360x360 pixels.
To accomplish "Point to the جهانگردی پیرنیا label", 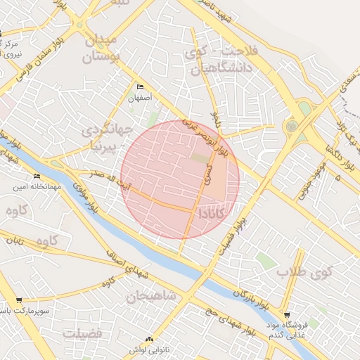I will pyautogui.click(x=105, y=139).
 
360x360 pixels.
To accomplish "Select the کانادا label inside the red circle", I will pyautogui.click(x=213, y=212).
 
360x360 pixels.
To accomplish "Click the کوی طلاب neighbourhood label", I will pyautogui.click(x=303, y=271).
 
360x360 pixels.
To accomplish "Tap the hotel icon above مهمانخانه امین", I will pyautogui.click(x=37, y=176).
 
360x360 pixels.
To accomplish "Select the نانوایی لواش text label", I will pyautogui.click(x=148, y=349).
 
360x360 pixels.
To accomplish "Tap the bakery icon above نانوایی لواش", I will pyautogui.click(x=148, y=339).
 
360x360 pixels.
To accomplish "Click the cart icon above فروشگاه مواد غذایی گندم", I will pyautogui.click(x=286, y=314).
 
